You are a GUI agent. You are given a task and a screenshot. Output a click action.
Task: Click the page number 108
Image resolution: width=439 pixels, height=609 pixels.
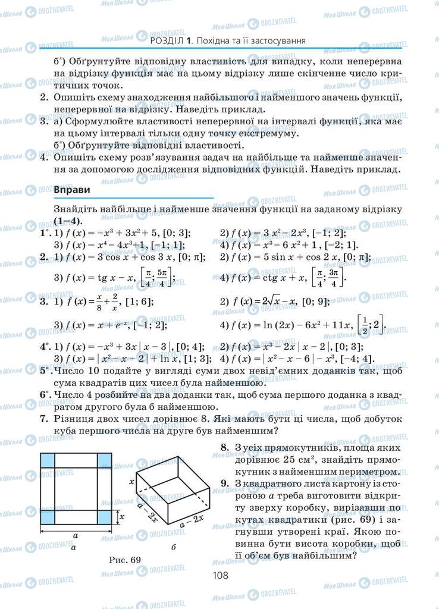point(219,575)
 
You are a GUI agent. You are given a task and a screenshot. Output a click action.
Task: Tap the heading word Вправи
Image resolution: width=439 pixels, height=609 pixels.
point(71,189)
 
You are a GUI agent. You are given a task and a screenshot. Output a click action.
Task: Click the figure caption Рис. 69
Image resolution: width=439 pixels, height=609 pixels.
point(125,559)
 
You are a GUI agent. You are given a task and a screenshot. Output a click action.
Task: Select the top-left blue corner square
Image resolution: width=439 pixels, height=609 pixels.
point(48,461)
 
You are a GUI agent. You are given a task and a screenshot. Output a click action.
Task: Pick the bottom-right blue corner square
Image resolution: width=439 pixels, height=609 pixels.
point(104,517)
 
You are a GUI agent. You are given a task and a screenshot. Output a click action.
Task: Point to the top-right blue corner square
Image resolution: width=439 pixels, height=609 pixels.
point(104,461)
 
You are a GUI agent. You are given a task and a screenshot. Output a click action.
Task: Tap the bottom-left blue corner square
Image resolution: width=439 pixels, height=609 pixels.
point(48,517)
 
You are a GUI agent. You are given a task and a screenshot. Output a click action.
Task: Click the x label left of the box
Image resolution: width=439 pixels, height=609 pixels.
point(131,482)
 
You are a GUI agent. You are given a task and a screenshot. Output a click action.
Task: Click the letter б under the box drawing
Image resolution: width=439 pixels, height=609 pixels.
point(173,546)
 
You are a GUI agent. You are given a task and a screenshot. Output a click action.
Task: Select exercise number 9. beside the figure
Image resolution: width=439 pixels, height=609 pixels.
point(224,483)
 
